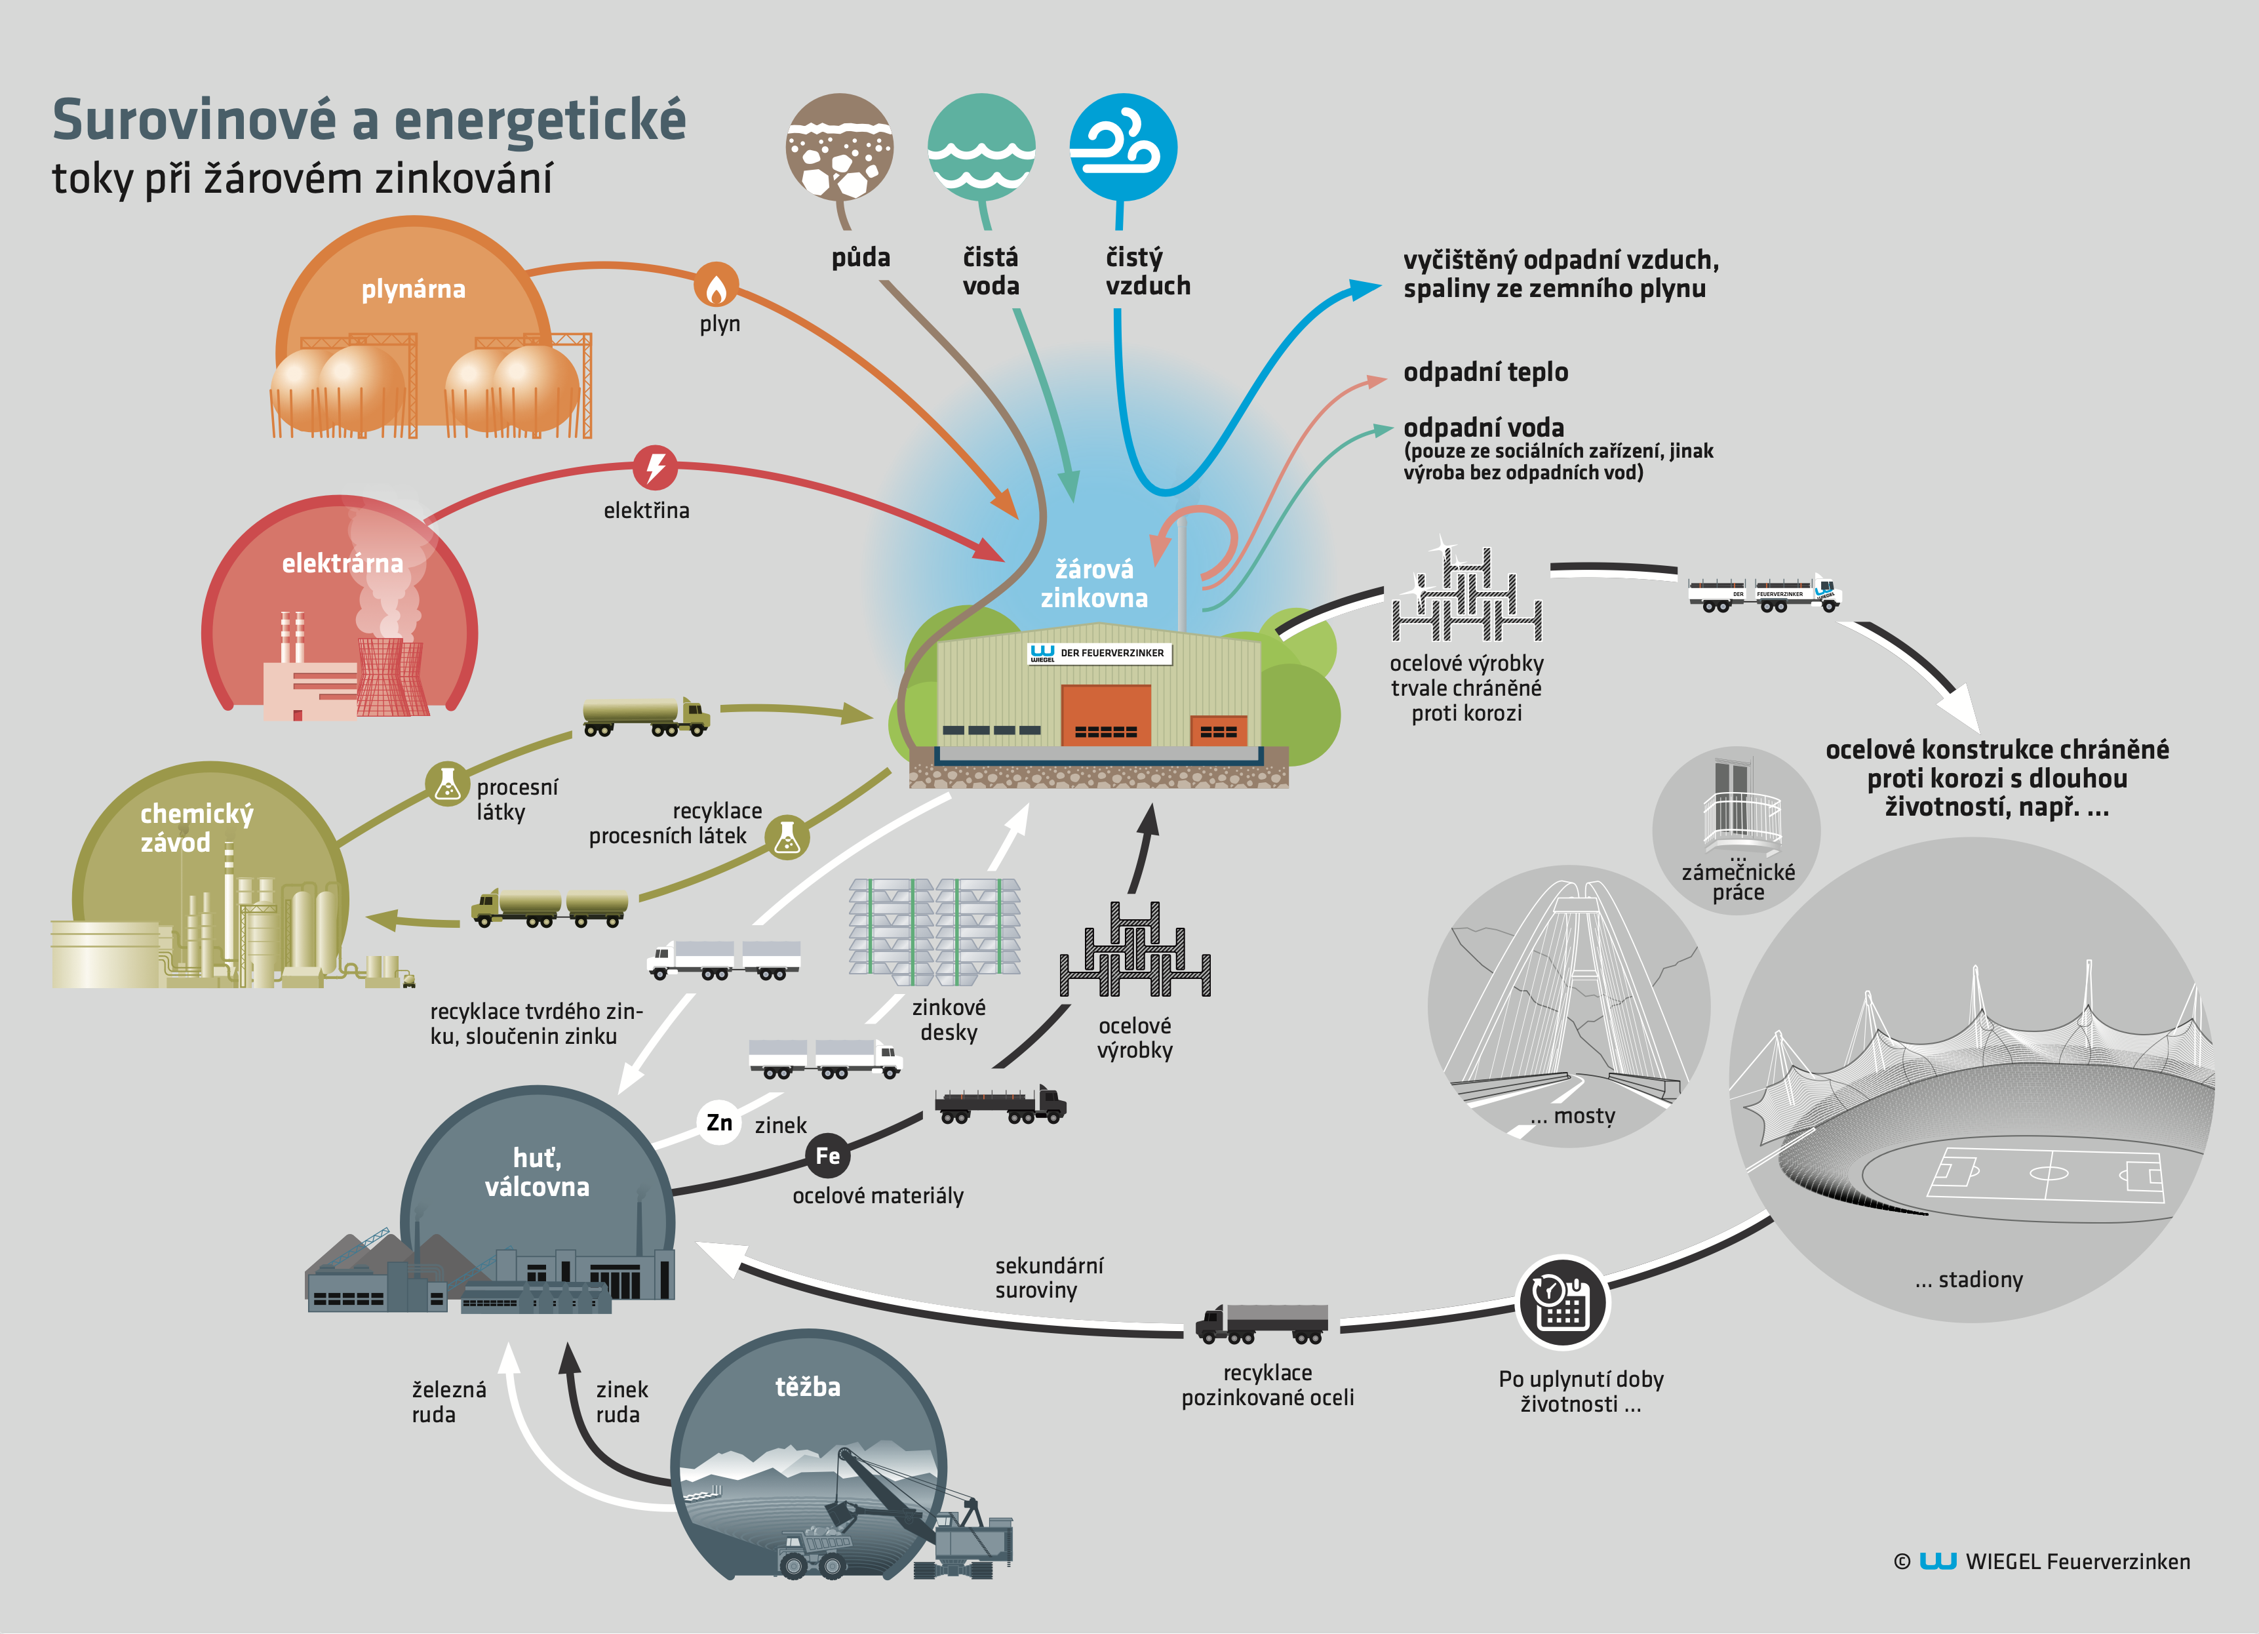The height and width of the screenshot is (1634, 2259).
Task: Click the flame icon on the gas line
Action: pos(716,286)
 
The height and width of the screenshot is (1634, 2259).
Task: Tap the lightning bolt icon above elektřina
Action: pos(656,468)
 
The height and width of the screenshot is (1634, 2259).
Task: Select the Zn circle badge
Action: pos(719,1123)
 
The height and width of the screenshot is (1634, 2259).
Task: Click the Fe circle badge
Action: pos(828,1156)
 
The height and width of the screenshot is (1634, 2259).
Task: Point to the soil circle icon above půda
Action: pos(840,148)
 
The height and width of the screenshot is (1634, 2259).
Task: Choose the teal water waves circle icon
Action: pos(982,148)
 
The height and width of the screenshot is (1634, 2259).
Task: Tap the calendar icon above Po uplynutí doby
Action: pos(1562,1302)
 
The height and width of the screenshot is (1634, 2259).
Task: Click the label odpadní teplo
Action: pos(1485,372)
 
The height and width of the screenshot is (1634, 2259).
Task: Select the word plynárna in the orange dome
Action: pos(414,289)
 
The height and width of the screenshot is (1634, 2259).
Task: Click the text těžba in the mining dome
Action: pos(808,1386)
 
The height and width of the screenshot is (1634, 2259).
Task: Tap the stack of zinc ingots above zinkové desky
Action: pos(934,927)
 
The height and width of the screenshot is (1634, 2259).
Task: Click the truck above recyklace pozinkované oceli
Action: pos(1262,1324)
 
